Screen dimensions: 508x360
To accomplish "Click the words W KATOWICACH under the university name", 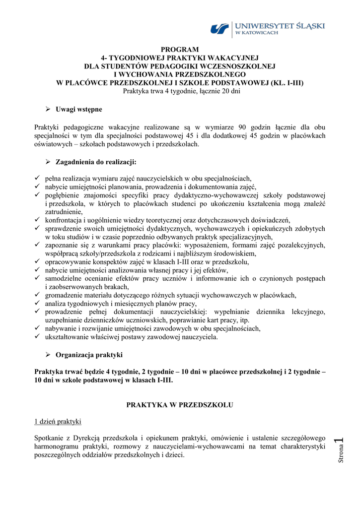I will point(257,33).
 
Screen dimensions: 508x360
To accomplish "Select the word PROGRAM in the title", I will point(180,50).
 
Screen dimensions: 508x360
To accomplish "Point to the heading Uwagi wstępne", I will point(79,109).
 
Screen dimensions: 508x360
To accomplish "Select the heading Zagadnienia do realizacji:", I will point(96,162).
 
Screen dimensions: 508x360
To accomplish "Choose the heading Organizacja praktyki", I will point(89,355).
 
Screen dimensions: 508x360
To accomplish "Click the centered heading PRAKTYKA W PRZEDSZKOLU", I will point(180,405).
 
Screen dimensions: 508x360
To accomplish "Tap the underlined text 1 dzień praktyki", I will point(58,422).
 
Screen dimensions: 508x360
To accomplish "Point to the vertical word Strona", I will point(341,455).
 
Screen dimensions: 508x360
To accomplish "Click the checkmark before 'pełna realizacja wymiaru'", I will point(37,178).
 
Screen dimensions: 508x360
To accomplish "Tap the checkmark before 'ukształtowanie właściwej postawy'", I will point(37,337).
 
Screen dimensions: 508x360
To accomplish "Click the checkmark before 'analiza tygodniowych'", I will point(37,303).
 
